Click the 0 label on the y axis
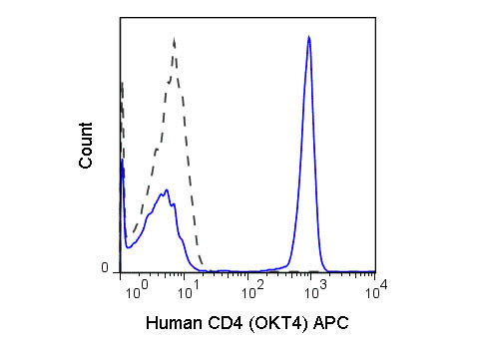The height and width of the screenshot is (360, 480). [104, 268]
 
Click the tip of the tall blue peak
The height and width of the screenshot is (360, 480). [309, 37]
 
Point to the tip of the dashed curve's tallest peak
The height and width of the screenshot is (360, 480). [174, 40]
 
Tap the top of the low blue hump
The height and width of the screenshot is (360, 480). [167, 188]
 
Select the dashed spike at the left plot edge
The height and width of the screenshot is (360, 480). [122, 84]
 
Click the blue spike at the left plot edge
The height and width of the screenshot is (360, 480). [122, 161]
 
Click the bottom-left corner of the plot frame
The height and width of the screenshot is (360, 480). [120, 272]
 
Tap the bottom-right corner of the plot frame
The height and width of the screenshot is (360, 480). [375, 272]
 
